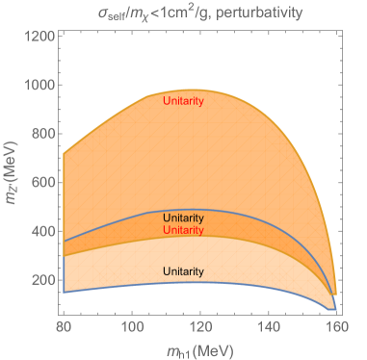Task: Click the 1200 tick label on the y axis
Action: point(39,37)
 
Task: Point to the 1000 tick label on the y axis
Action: point(39,85)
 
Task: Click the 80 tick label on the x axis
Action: point(66,327)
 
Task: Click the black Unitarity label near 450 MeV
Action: point(183,219)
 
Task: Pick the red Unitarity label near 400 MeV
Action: point(183,231)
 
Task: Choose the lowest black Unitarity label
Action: point(183,272)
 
